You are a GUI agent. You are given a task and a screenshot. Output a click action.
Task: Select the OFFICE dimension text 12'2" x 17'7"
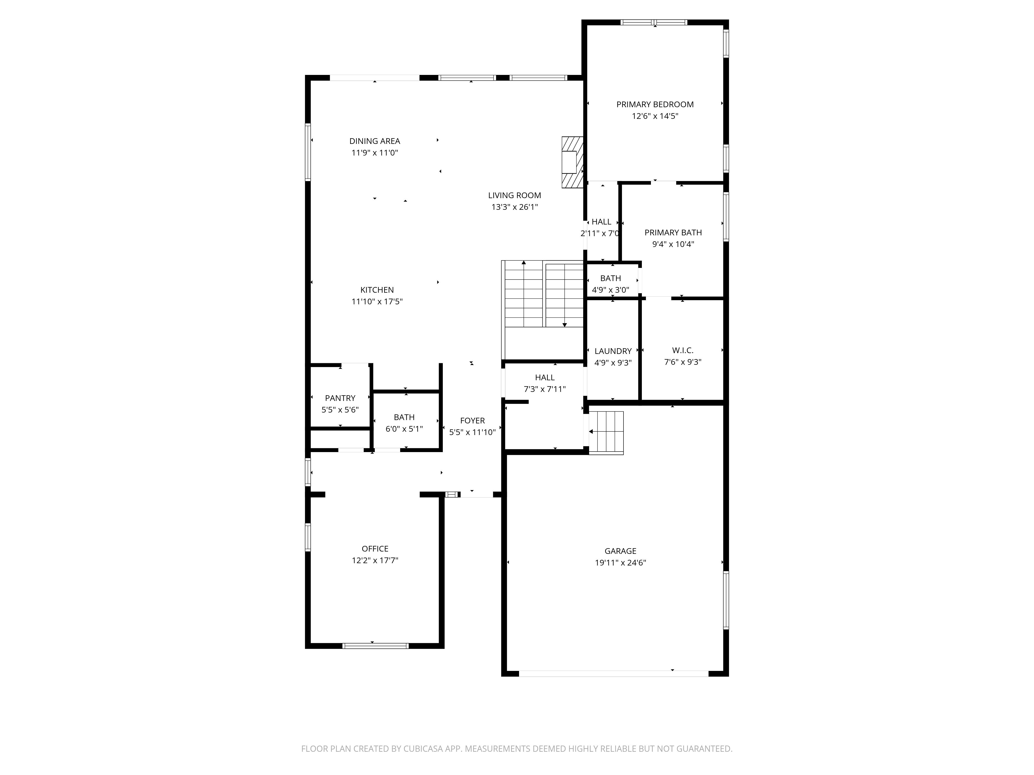point(375,560)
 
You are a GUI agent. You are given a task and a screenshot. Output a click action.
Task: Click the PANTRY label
point(340,398)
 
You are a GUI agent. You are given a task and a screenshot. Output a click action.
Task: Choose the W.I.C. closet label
point(683,350)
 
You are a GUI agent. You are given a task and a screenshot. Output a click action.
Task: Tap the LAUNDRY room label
point(613,351)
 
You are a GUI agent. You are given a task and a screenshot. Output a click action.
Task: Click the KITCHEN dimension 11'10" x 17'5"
point(377,301)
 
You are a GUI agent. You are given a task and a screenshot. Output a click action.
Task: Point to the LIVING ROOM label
point(515,195)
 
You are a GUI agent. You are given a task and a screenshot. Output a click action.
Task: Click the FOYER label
point(473,420)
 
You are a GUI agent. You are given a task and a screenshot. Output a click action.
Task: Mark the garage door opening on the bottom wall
point(614,674)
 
